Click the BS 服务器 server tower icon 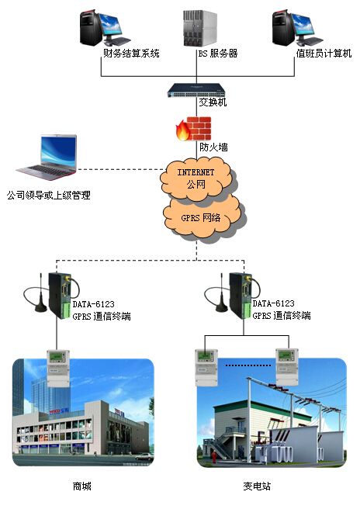[200, 29]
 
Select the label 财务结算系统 [131, 54]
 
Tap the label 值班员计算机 [324, 54]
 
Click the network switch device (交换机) [196, 90]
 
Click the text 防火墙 [213, 147]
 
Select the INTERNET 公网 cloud [196, 179]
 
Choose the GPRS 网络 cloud [202, 216]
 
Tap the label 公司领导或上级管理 [49, 195]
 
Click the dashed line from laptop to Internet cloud [120, 169]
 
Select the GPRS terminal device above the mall [60, 295]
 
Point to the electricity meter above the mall [58, 369]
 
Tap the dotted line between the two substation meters [248, 365]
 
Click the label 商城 [81, 486]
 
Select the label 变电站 [257, 486]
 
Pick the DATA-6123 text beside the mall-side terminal [93, 304]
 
